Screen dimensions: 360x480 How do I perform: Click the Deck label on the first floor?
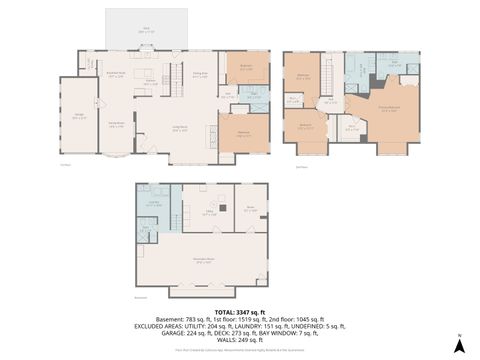coord(146,29)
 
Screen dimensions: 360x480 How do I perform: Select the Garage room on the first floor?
coord(78,117)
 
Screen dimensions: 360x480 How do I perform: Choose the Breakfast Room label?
coord(116,73)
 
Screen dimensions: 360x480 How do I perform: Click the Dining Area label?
coord(199,74)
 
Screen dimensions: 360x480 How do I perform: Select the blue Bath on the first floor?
coord(254,98)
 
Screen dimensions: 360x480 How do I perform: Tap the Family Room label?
coord(114,123)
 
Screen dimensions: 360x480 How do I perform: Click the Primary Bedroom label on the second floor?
coord(392,110)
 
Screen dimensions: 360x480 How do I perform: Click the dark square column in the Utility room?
coord(221,209)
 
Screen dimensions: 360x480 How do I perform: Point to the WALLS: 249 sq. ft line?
coord(239,339)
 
